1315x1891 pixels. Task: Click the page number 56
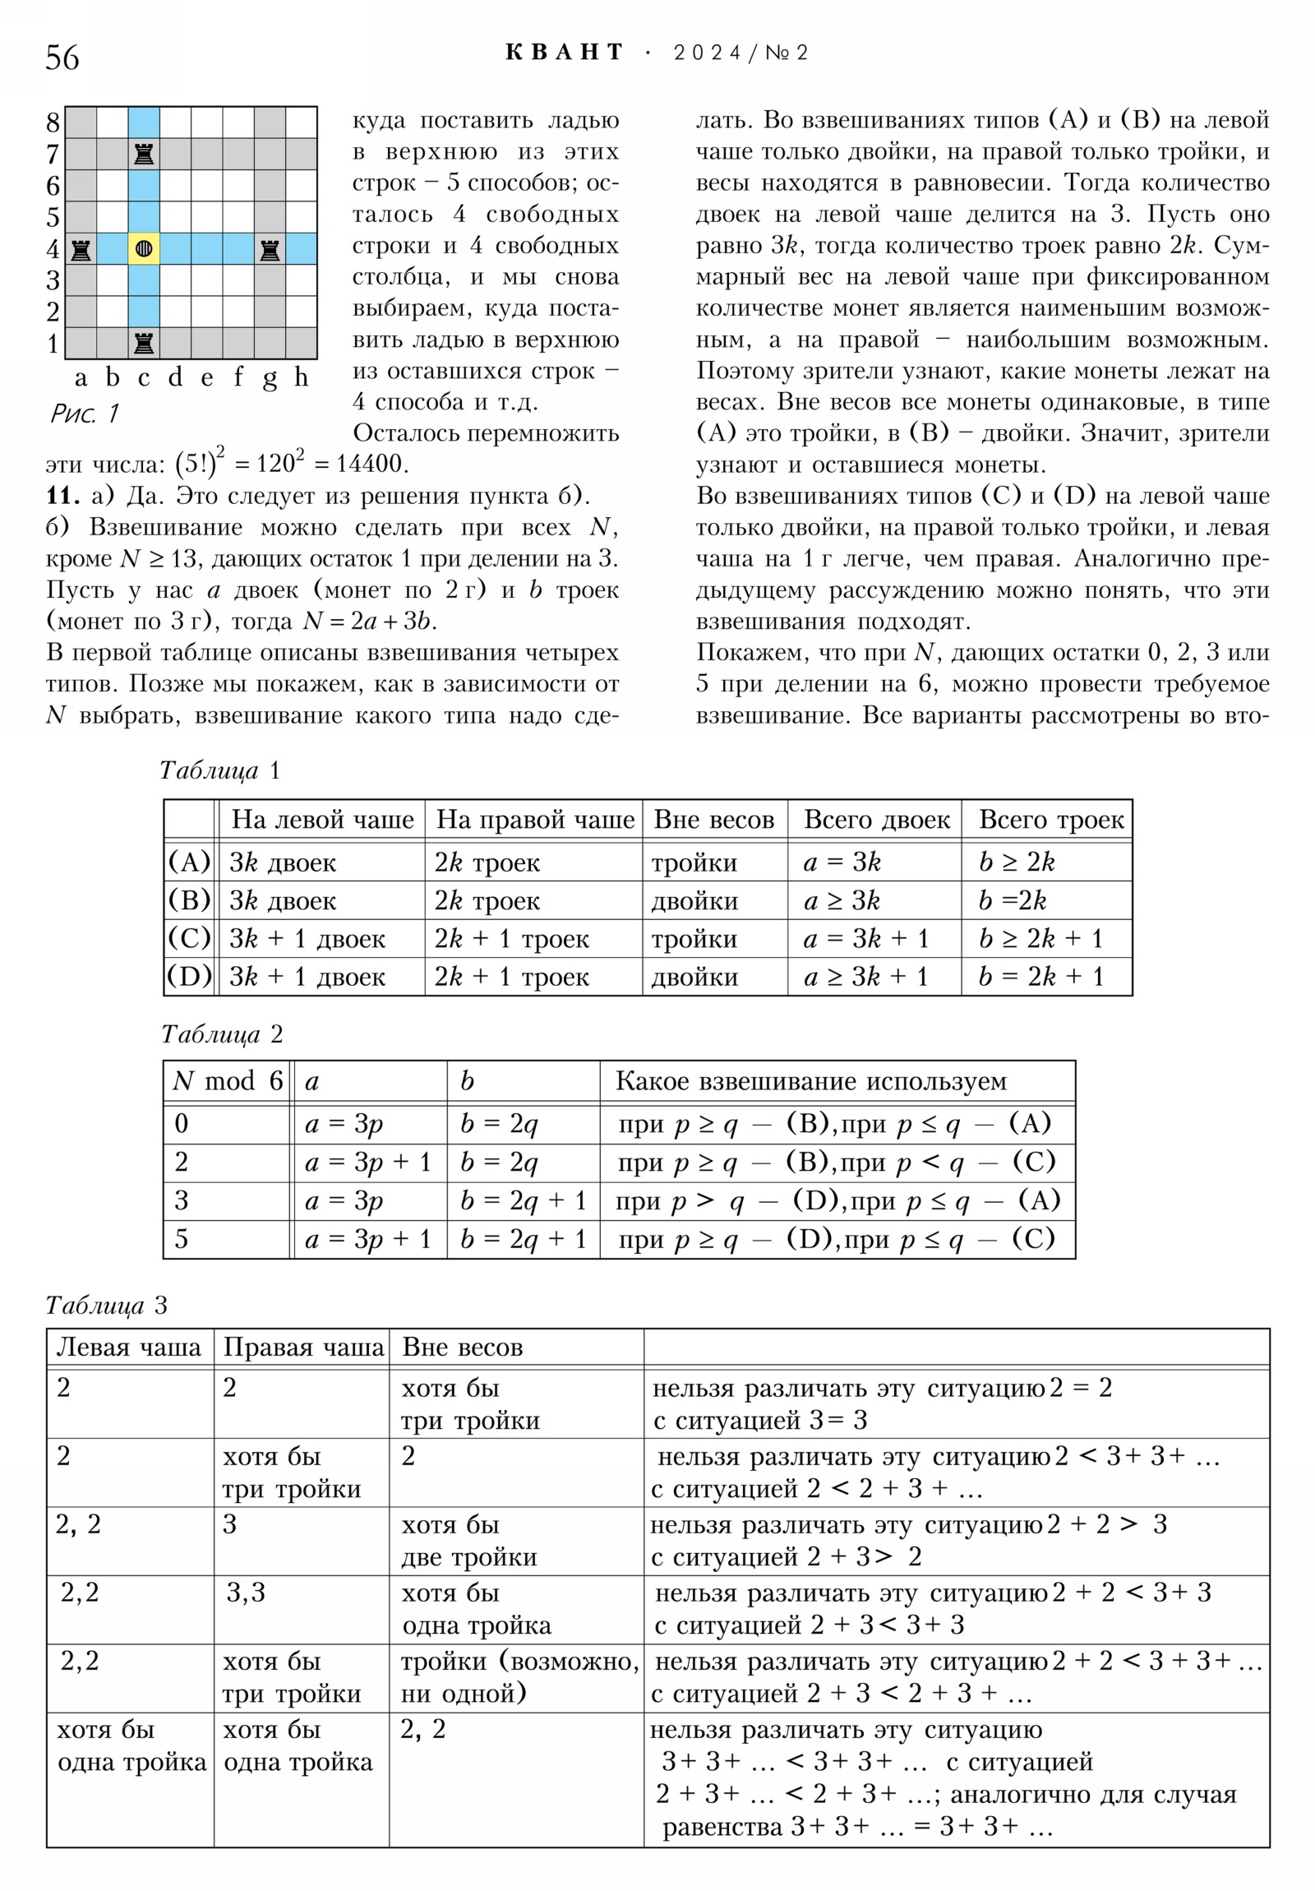[x=62, y=58]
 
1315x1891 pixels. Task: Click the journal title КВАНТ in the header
[x=565, y=53]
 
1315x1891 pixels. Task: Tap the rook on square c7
[x=144, y=154]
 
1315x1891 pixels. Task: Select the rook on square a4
[x=81, y=249]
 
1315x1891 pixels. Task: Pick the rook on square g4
[x=270, y=249]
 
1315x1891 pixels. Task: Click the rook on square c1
[x=144, y=343]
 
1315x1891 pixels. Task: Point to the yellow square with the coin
[x=144, y=249]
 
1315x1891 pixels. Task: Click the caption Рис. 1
[x=85, y=413]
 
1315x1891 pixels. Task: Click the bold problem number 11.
[x=62, y=496]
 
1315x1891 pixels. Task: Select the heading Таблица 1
[x=220, y=770]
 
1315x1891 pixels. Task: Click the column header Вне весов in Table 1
[x=714, y=820]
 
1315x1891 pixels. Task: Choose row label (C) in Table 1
[x=189, y=938]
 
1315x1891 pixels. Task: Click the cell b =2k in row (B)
[x=1013, y=900]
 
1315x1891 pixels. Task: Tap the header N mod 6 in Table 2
[x=228, y=1080]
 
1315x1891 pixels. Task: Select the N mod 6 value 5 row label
[x=182, y=1239]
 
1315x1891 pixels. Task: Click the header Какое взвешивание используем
[x=811, y=1080]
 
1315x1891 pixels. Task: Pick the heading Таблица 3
[x=106, y=1306]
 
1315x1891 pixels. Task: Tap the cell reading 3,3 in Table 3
[x=247, y=1592]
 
